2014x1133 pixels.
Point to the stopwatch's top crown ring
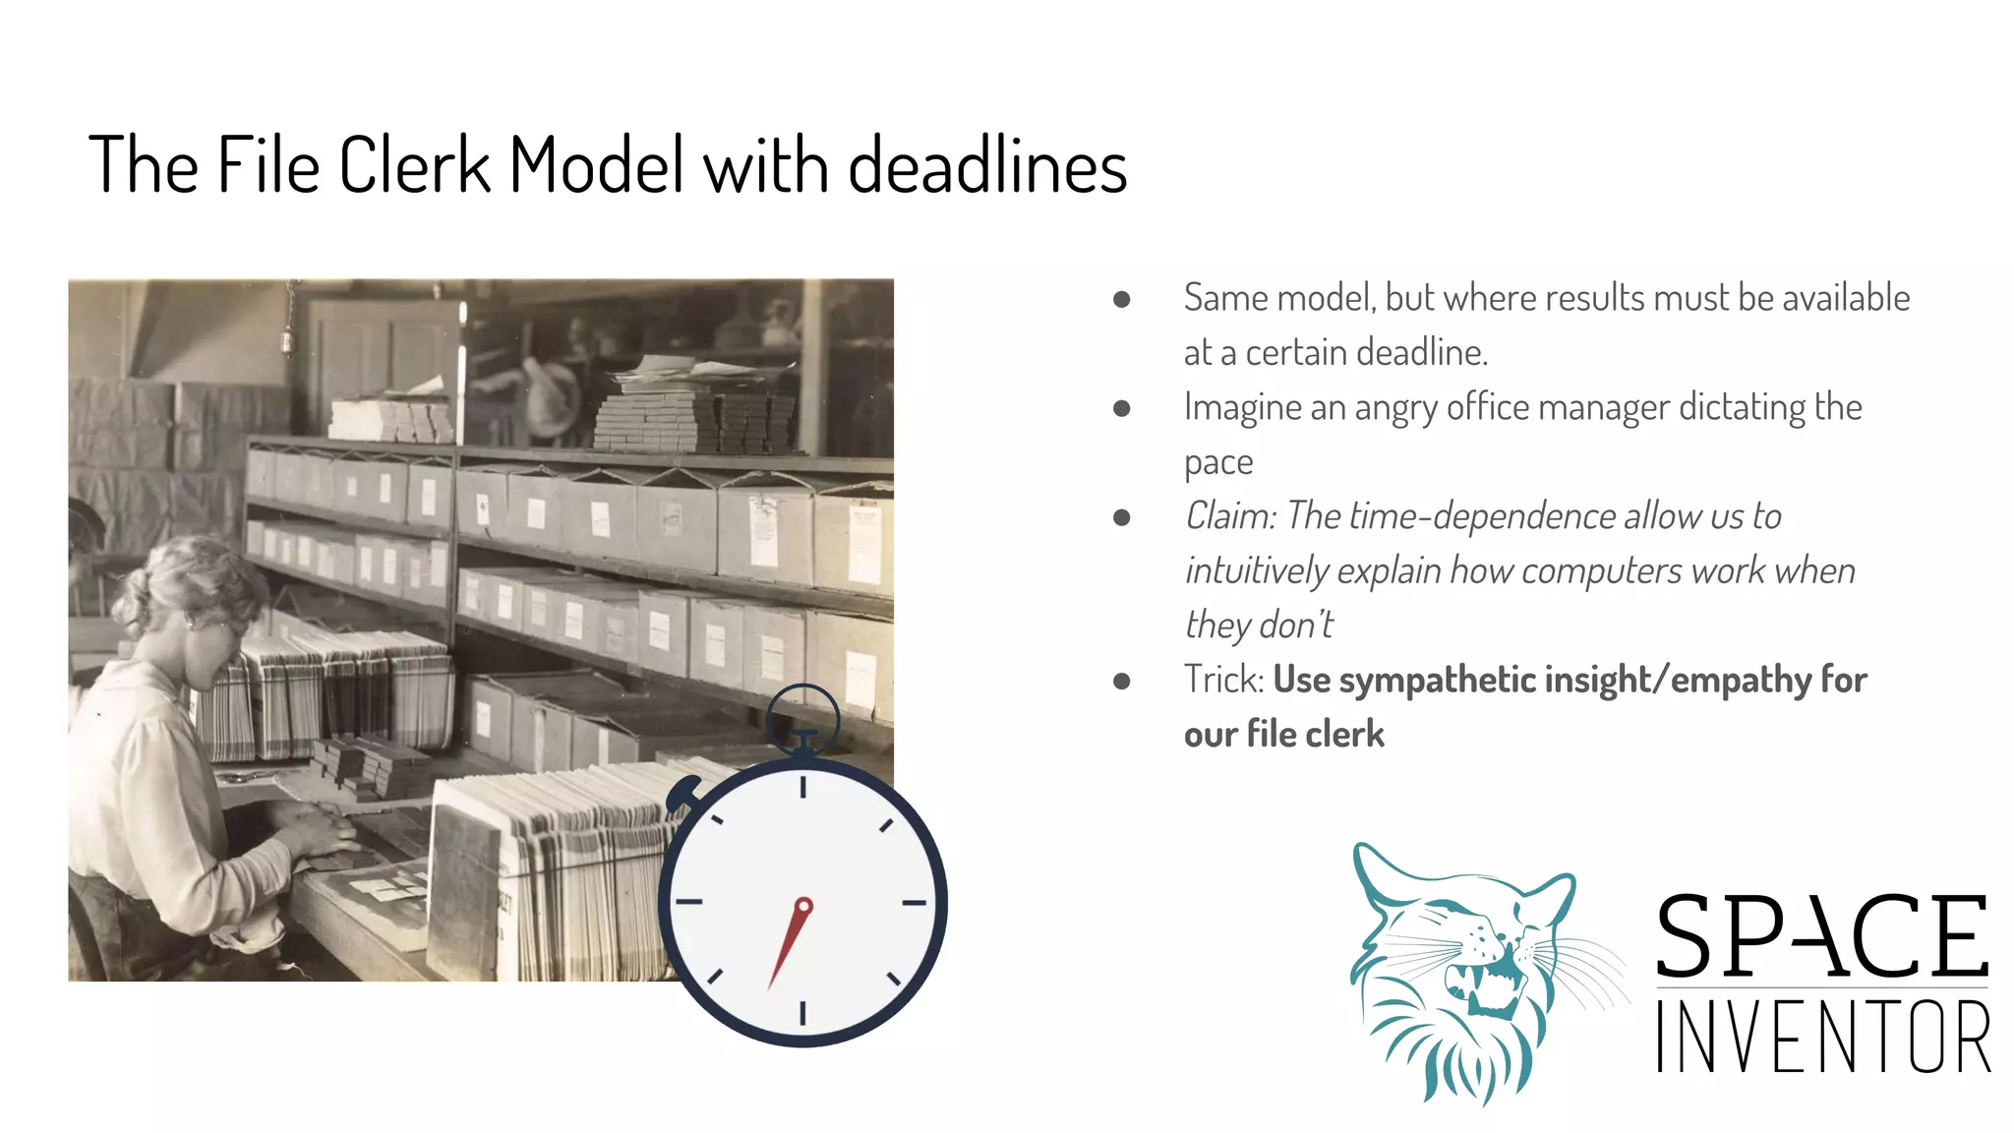pos(802,715)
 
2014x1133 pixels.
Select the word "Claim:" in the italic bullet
pos(1230,516)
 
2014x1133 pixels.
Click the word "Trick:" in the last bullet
pos(1223,680)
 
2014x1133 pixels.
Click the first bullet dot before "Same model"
pos(1121,299)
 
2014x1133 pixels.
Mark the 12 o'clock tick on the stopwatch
pos(803,786)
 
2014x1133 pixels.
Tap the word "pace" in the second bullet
pos(1218,462)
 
